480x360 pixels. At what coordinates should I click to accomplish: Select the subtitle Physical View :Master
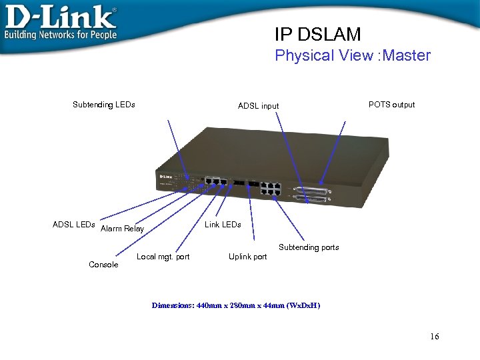(353, 55)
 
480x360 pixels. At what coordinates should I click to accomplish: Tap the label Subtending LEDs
(103, 105)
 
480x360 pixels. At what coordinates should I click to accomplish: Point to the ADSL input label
(259, 106)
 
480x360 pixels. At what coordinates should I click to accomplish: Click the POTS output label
(391, 105)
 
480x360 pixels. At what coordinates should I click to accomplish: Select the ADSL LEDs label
(73, 225)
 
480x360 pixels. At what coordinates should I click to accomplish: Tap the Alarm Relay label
(122, 229)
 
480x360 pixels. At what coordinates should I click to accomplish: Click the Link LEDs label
(223, 225)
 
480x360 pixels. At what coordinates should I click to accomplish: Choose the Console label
(103, 265)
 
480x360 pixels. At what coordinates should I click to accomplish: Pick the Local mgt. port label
(163, 257)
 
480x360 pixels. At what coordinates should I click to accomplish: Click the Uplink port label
(247, 257)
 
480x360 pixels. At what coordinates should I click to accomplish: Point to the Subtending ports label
(309, 247)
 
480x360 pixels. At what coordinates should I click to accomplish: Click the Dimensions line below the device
(236, 305)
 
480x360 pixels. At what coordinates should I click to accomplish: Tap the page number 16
(435, 337)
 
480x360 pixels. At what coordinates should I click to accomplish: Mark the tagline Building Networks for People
(61, 35)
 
